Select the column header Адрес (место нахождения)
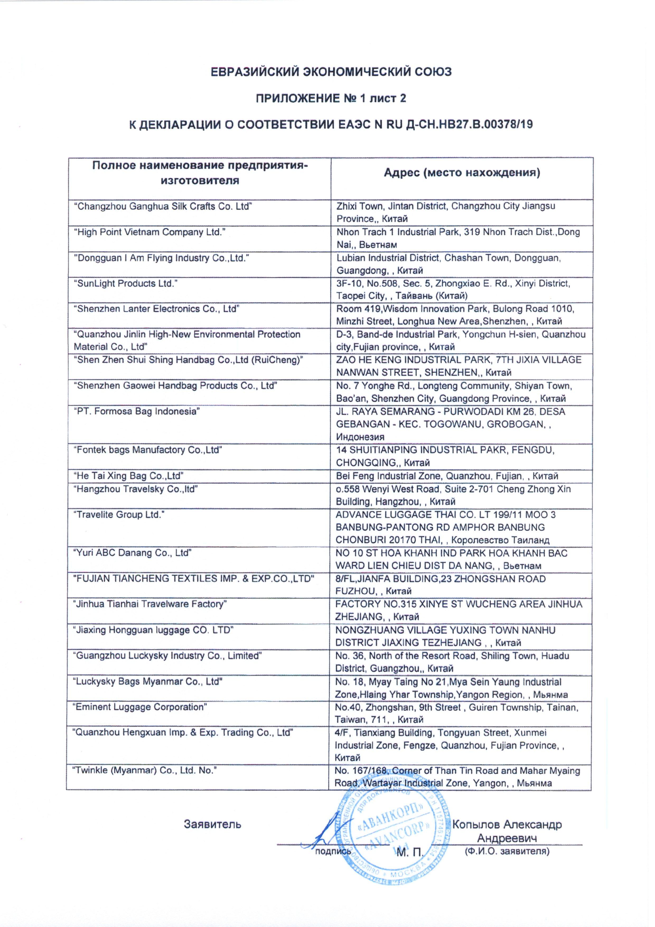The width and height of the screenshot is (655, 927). tap(462, 173)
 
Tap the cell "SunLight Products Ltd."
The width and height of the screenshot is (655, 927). tap(125, 283)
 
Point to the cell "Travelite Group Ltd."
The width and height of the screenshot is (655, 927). tap(119, 515)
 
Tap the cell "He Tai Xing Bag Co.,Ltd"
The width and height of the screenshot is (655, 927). tap(129, 476)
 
